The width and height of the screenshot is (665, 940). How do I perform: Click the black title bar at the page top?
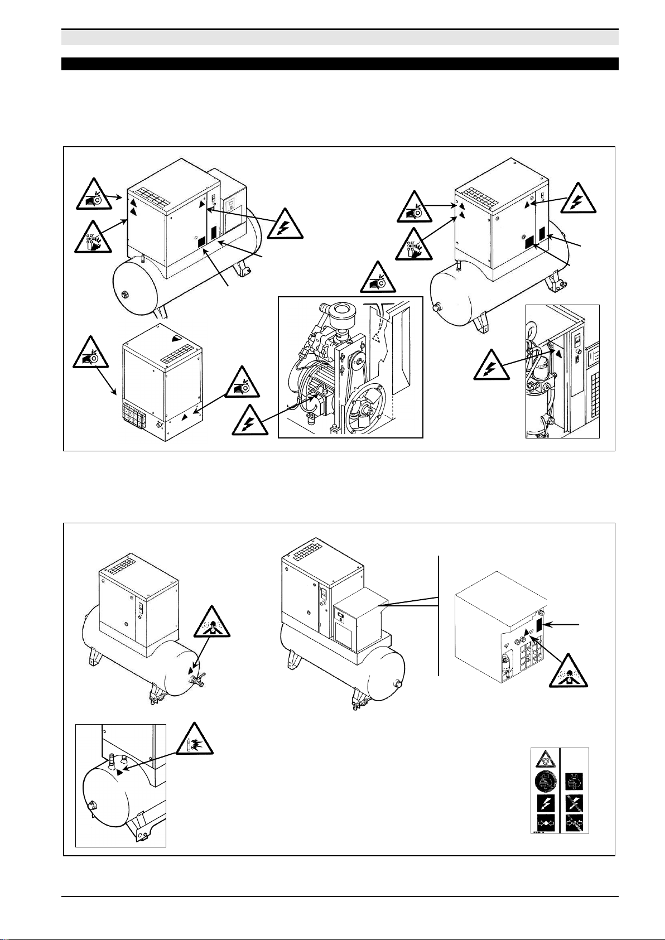[340, 64]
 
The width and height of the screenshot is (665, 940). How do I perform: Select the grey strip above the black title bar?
[340, 38]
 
